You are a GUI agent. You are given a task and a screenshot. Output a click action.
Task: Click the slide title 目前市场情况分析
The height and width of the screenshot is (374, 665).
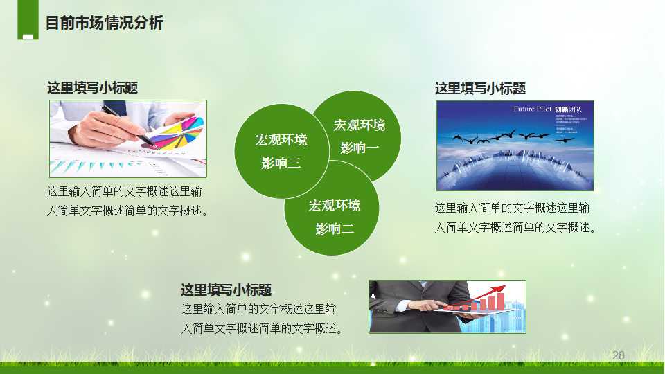coord(104,23)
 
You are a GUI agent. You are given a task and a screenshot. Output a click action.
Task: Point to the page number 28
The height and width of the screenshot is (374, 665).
coord(619,355)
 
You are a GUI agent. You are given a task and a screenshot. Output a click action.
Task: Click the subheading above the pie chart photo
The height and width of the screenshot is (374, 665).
coord(92,88)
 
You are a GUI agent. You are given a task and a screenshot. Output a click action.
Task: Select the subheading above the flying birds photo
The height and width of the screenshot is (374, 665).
coord(480,89)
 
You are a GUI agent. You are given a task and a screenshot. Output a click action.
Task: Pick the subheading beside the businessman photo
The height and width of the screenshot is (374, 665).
coord(226,290)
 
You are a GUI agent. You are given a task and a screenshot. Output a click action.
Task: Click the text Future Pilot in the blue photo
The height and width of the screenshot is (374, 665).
coord(532,109)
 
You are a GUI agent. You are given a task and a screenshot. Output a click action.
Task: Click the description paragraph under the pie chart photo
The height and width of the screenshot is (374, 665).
coord(127,201)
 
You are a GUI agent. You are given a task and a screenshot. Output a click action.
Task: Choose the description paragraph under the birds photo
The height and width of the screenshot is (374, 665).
coord(515,217)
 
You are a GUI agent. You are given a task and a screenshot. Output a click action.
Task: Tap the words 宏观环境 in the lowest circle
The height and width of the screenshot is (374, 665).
coord(335,206)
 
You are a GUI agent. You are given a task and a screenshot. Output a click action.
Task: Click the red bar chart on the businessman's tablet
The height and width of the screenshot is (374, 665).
coord(485,302)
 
